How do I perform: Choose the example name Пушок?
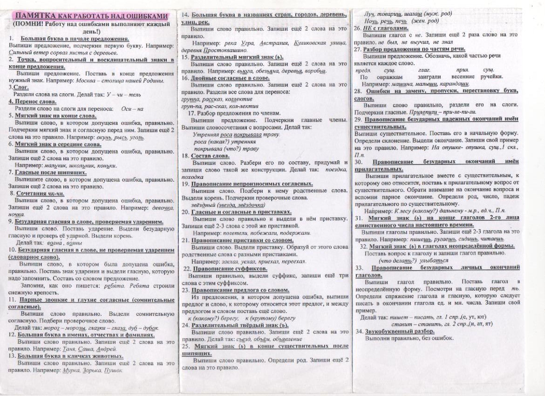(x=113, y=370)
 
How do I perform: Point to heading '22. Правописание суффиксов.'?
(x=225, y=269)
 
